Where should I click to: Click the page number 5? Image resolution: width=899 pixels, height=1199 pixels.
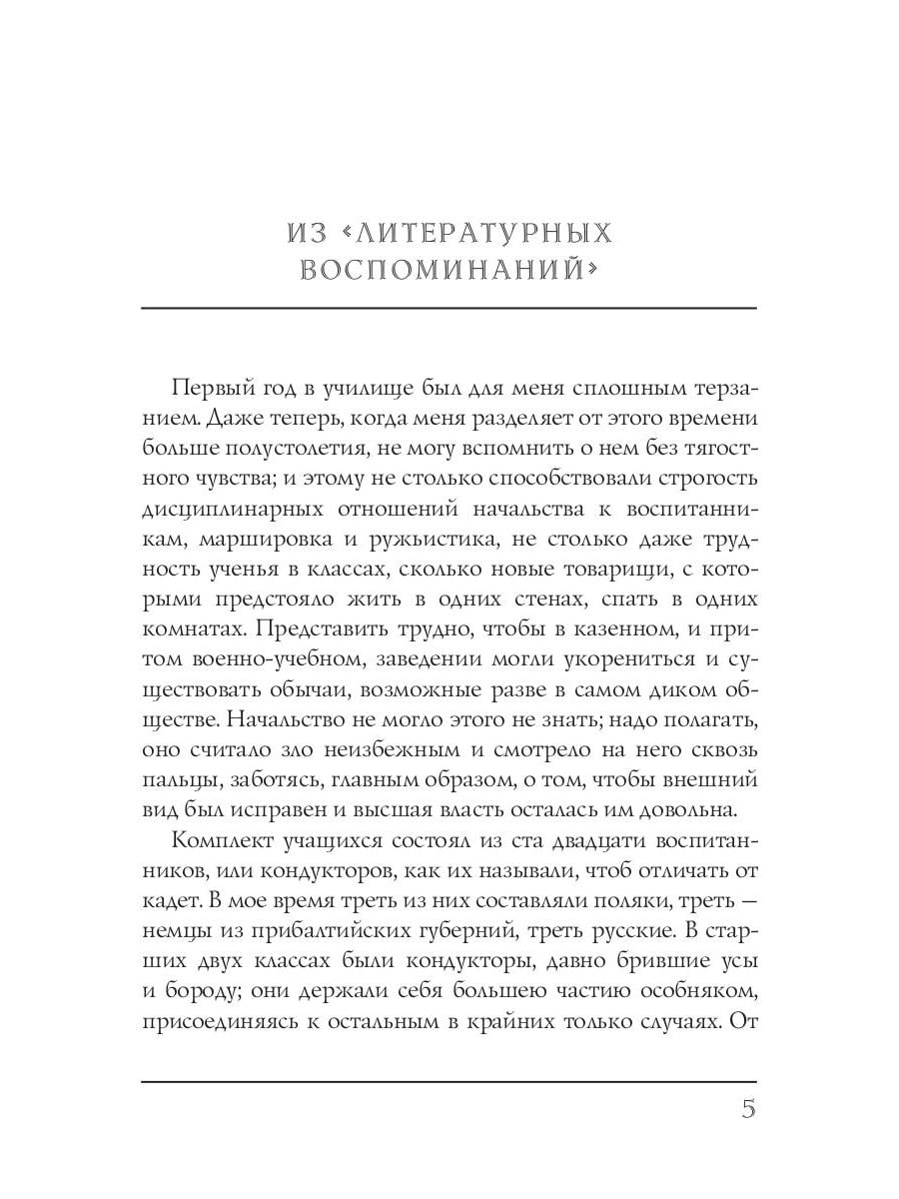pyautogui.click(x=747, y=1111)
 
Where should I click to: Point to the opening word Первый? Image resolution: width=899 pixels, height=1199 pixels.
pyautogui.click(x=214, y=388)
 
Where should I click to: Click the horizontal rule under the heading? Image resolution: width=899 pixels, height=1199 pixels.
pyautogui.click(x=449, y=308)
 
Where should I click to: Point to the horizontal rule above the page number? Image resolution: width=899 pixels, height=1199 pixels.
pyautogui.click(x=449, y=1080)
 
